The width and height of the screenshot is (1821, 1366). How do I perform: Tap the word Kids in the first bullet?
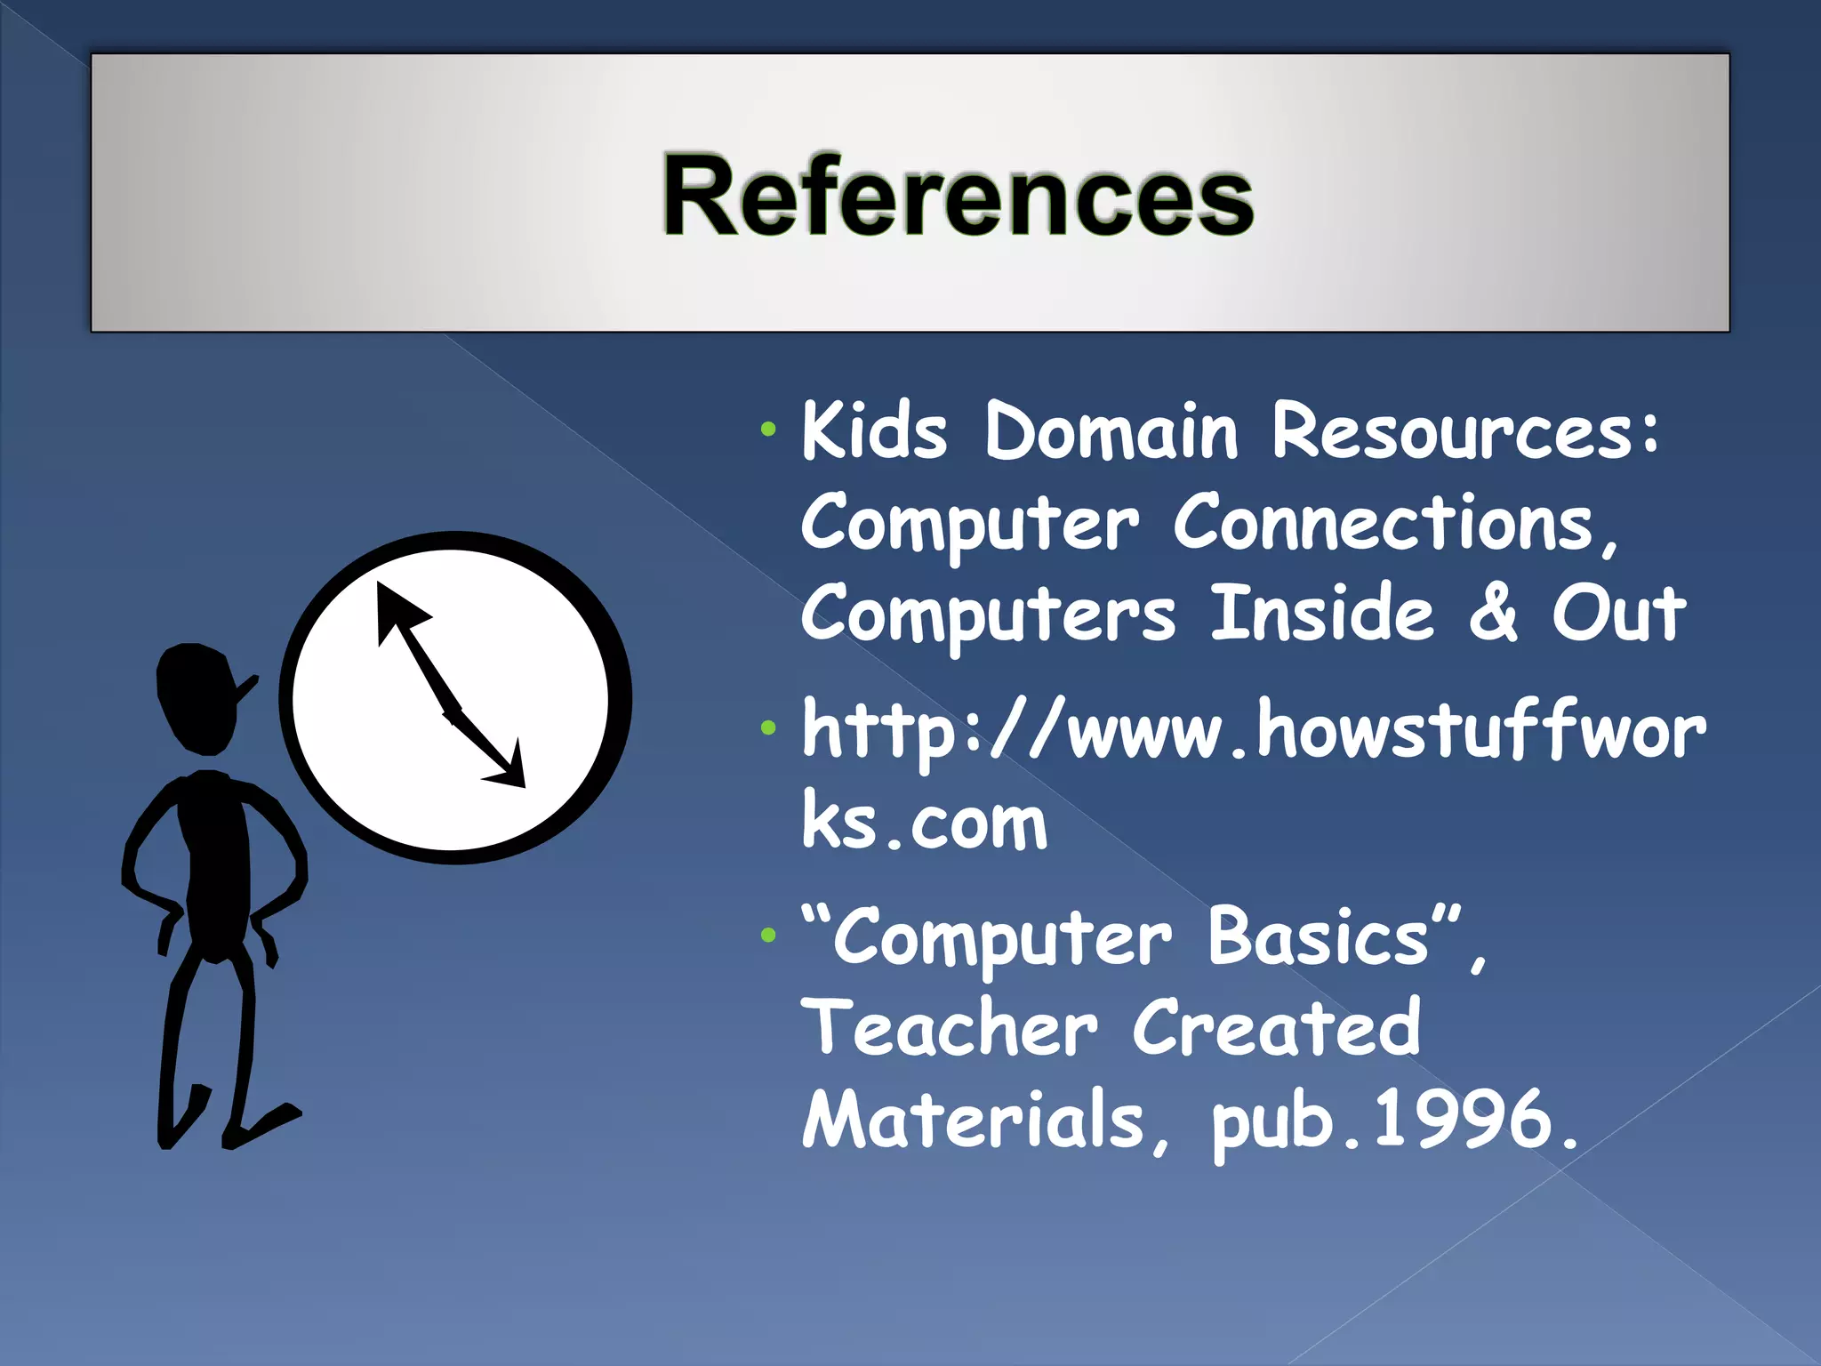point(874,431)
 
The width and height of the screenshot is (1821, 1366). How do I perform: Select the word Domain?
point(1111,431)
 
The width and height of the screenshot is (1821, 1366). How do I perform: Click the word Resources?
point(1463,431)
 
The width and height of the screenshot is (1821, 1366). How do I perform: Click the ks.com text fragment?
point(925,822)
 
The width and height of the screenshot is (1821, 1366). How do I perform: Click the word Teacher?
point(950,1029)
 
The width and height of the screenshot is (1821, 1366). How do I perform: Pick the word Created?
point(1276,1029)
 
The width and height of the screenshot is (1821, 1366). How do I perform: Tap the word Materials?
point(974,1121)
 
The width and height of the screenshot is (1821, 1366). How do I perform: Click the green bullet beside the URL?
point(768,729)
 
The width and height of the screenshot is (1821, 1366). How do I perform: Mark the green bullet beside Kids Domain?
point(768,431)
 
